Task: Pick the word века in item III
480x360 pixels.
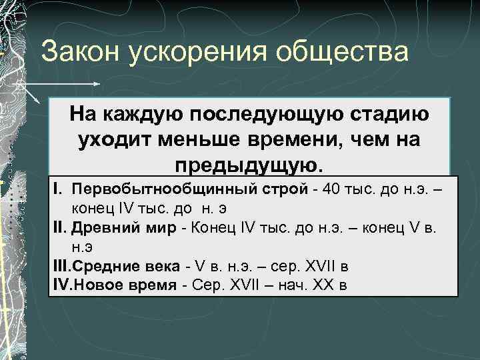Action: pos(157,267)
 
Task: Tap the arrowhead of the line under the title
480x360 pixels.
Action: pos(97,85)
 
